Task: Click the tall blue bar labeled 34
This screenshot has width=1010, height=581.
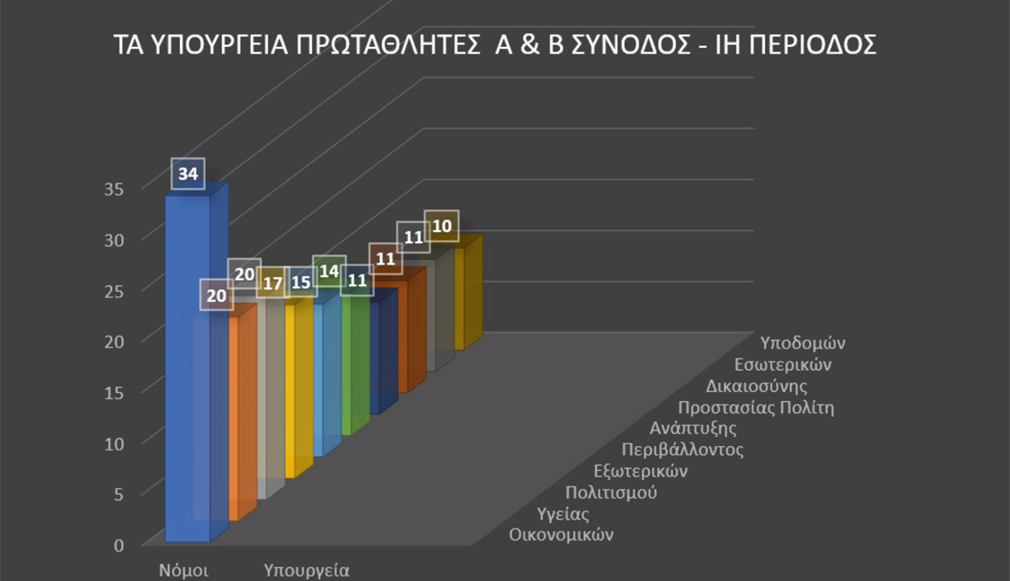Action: pyautogui.click(x=186, y=367)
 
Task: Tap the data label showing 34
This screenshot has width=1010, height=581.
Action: pyautogui.click(x=188, y=173)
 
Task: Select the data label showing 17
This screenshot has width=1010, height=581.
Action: pyautogui.click(x=273, y=284)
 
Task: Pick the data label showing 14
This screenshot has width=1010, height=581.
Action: pyautogui.click(x=329, y=272)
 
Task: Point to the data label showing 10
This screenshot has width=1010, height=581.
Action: pyautogui.click(x=442, y=226)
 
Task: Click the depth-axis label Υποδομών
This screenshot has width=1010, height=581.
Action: pyautogui.click(x=803, y=342)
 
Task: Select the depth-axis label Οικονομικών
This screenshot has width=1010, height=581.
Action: pyautogui.click(x=561, y=534)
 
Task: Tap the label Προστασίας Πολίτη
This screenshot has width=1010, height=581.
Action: pyautogui.click(x=756, y=408)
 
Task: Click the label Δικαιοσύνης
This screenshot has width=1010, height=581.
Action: pyautogui.click(x=757, y=385)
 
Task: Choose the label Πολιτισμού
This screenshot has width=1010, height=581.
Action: pyautogui.click(x=611, y=492)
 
